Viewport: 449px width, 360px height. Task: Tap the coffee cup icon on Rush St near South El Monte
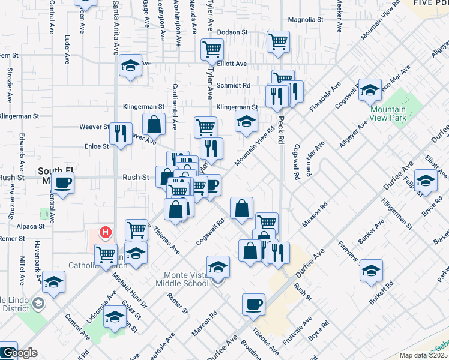pyautogui.click(x=62, y=182)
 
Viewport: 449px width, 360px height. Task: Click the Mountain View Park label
pyautogui.click(x=387, y=113)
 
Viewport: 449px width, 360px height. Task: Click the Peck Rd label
pyautogui.click(x=280, y=130)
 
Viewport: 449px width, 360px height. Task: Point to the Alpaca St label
pyautogui.click(x=30, y=227)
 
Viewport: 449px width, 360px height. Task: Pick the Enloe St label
pyautogui.click(x=96, y=145)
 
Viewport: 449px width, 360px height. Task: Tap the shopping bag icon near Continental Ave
pyautogui.click(x=154, y=124)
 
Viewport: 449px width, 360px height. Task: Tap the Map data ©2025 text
pyautogui.click(x=424, y=355)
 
